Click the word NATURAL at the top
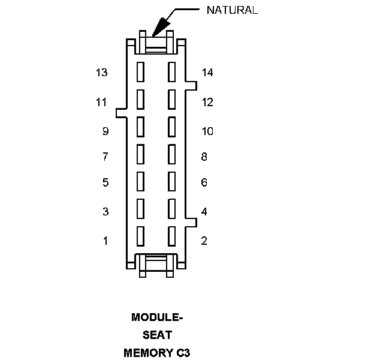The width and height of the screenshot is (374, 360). (232, 10)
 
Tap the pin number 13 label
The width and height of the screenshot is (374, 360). (101, 73)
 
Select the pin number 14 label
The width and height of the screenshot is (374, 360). (207, 73)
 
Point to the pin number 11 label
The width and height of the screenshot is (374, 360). (101, 102)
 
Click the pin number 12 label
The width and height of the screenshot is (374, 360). (207, 102)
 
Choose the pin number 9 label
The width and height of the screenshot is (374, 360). (105, 131)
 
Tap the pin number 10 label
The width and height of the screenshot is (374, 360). (207, 131)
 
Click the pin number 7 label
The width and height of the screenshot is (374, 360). (105, 157)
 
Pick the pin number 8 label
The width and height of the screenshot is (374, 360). (204, 157)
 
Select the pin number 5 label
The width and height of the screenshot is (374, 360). (105, 182)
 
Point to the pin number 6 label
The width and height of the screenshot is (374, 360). (204, 182)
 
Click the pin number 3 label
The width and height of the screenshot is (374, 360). (105, 211)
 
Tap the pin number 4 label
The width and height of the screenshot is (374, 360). (204, 211)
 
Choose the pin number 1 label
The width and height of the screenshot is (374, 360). (105, 241)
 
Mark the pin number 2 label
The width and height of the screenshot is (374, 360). (204, 241)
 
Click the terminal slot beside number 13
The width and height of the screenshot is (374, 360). (141, 72)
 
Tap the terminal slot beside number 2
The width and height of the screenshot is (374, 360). (172, 236)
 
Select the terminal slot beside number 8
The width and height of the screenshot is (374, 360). (172, 154)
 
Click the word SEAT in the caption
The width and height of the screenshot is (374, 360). (157, 335)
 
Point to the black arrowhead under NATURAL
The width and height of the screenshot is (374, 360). (161, 26)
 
